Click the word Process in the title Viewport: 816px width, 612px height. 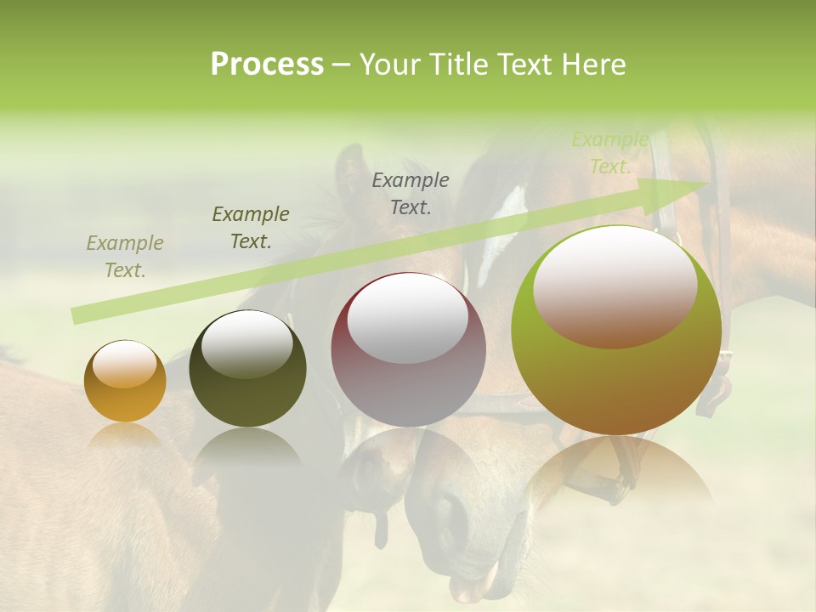pos(267,65)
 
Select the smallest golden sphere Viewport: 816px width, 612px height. pos(125,381)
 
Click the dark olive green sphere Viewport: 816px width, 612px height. pos(247,369)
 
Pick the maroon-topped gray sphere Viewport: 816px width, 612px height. pos(408,349)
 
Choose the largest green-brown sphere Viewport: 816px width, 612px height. pos(616,330)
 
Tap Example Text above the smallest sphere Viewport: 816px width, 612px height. pos(125,256)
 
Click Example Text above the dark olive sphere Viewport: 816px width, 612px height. pos(251,227)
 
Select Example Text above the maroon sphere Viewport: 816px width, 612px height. pos(411,193)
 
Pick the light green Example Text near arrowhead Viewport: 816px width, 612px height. pos(610,153)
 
